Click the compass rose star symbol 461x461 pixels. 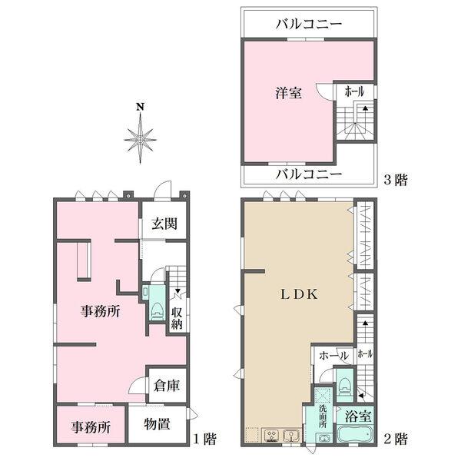tap(140, 139)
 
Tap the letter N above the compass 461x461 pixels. tap(139, 107)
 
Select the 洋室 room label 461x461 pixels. tap(289, 94)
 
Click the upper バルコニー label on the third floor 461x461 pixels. tap(308, 25)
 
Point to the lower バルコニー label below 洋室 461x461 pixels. tap(308, 174)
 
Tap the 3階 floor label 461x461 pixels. tap(395, 181)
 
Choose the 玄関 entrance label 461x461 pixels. tap(164, 224)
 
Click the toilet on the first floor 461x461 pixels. tap(158, 309)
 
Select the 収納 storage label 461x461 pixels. tap(177, 318)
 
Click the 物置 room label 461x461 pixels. tap(158, 423)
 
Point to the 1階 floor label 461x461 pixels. tap(204, 439)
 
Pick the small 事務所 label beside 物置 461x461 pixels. tap(91, 427)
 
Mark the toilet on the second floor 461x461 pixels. tap(345, 384)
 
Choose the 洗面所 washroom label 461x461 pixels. tap(323, 414)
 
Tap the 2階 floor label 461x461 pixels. tap(395, 439)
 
